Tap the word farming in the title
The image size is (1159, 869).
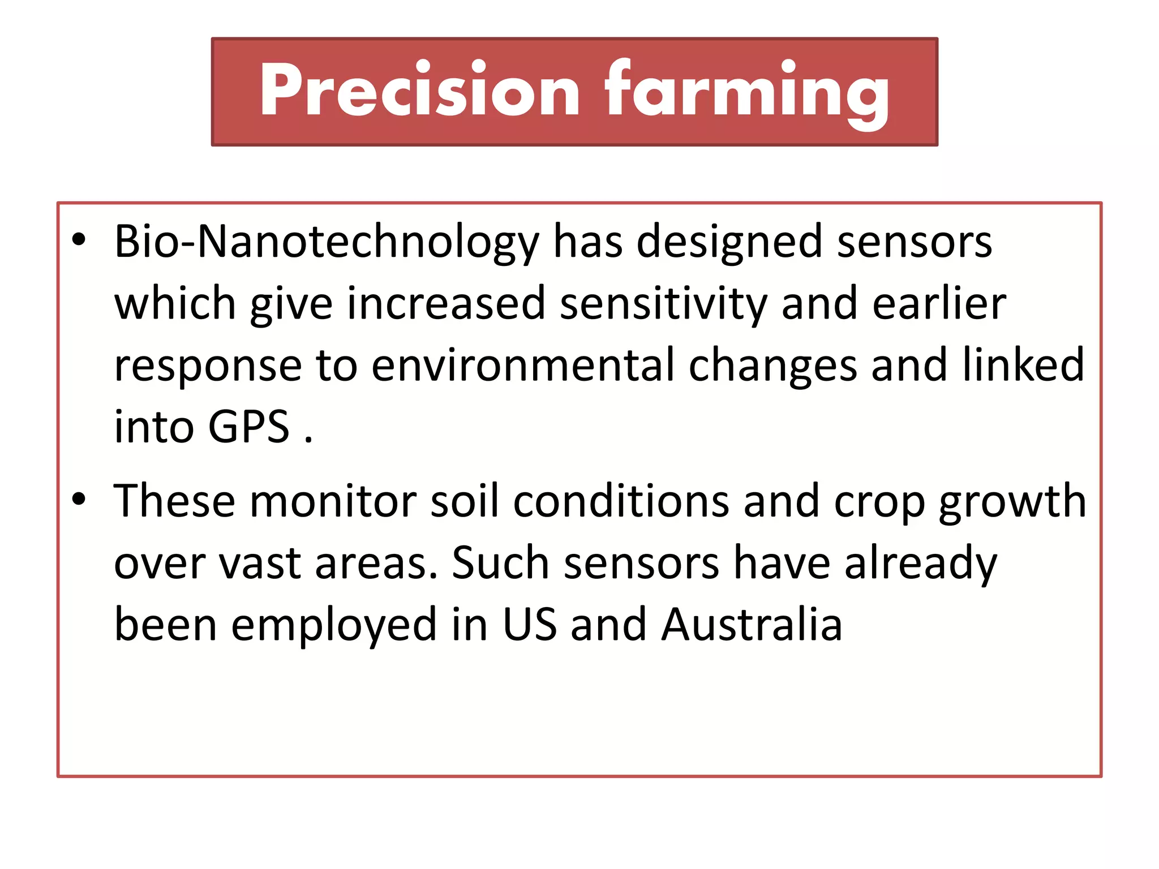click(x=746, y=91)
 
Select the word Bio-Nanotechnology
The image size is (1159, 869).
click(x=327, y=242)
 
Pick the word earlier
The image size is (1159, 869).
click(x=939, y=304)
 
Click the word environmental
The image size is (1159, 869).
click(x=523, y=365)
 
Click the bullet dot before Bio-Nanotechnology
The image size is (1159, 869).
click(x=79, y=240)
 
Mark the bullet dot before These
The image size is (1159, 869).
click(x=79, y=499)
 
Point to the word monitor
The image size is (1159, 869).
click(x=333, y=501)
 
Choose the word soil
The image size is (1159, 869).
click(x=465, y=501)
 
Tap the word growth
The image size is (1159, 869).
click(x=1012, y=501)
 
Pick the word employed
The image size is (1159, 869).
click(x=334, y=625)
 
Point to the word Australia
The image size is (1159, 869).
click(x=752, y=625)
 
